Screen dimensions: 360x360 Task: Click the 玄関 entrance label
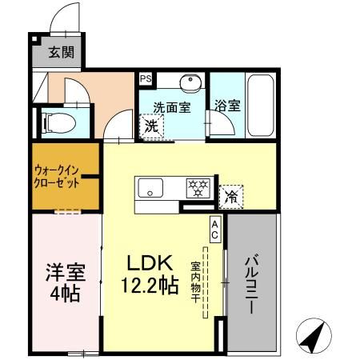point(58,54)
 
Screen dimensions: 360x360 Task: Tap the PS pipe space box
point(145,78)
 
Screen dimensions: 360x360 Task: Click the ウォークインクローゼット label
point(55,176)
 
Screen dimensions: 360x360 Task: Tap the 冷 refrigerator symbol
point(231,194)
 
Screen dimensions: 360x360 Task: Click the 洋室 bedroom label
point(62,272)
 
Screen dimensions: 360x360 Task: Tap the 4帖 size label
point(62,294)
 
